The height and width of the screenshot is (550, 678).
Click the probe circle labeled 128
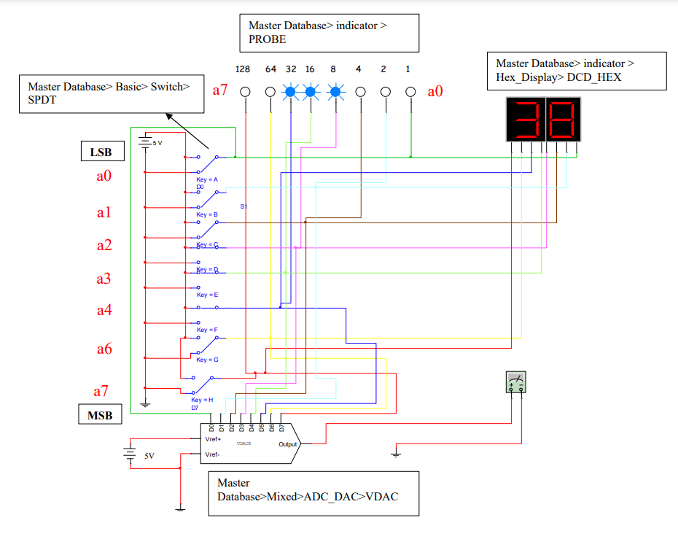(x=245, y=92)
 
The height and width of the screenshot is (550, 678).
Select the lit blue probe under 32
(x=291, y=92)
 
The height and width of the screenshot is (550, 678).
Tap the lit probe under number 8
(x=335, y=92)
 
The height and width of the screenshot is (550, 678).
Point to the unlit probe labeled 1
(x=411, y=92)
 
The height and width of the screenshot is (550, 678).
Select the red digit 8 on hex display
(x=564, y=120)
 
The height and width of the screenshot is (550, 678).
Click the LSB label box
(x=101, y=152)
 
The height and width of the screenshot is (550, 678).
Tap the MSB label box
(x=100, y=415)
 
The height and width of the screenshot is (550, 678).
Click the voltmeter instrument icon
(x=516, y=383)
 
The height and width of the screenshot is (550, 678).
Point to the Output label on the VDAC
(x=288, y=444)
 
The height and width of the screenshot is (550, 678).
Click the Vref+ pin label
(x=213, y=439)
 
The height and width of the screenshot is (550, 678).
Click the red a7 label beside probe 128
(x=221, y=91)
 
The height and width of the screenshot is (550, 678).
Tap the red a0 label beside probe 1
(x=436, y=91)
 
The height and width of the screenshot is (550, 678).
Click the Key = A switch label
(x=207, y=179)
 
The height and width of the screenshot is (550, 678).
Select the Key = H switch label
(x=202, y=400)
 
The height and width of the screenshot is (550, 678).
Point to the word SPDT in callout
(x=42, y=100)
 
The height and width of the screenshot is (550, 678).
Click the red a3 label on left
(x=104, y=278)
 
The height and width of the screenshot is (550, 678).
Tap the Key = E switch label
(x=207, y=295)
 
